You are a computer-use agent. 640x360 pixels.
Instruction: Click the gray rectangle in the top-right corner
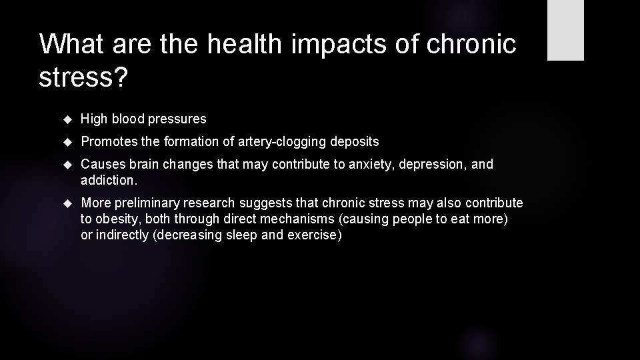(565, 30)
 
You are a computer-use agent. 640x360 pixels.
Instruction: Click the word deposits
(356, 141)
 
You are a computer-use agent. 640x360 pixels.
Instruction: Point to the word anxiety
(369, 164)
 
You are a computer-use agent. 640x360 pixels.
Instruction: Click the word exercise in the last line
(313, 236)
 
